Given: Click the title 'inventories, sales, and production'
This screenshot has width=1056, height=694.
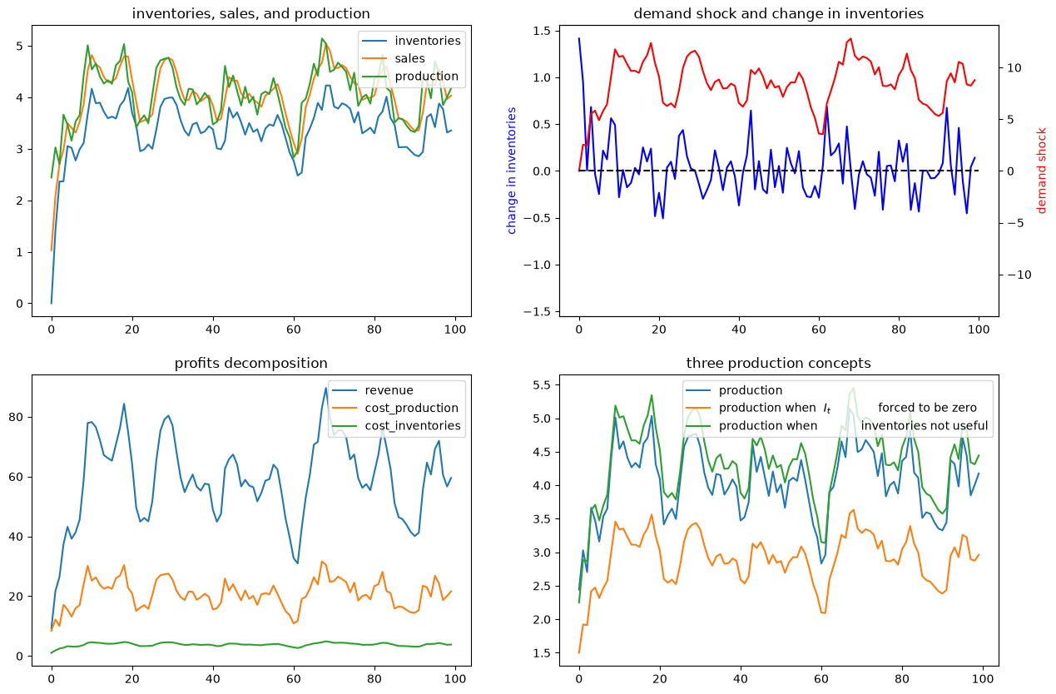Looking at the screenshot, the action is (250, 13).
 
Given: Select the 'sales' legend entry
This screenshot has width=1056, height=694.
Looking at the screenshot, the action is (409, 58).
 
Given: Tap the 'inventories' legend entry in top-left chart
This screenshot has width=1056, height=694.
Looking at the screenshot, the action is (428, 41).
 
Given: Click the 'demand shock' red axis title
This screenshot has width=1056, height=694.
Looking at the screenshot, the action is (1041, 171).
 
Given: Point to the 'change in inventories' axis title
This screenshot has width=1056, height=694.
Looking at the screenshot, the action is (512, 171).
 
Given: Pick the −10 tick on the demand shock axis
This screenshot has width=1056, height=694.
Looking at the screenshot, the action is (1019, 275).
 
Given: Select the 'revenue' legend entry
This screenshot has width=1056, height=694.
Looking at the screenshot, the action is (389, 390).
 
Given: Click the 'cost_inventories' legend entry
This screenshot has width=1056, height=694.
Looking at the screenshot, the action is (413, 426).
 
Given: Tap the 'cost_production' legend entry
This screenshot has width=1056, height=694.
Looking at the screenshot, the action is (412, 408).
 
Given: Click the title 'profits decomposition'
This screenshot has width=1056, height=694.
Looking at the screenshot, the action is (250, 363).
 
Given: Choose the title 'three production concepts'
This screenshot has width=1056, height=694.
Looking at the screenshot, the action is (778, 363).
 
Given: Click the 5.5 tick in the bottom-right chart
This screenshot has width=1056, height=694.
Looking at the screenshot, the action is (540, 385).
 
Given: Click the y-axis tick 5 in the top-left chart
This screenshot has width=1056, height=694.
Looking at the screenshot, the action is (19, 47).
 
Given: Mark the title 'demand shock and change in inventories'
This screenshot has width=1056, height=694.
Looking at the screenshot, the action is (778, 13).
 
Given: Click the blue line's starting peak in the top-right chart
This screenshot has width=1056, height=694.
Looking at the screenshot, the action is (579, 38).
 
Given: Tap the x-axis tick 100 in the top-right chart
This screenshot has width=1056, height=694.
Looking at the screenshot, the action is (979, 329).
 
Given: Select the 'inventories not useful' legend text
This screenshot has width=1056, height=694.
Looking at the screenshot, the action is (924, 426).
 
